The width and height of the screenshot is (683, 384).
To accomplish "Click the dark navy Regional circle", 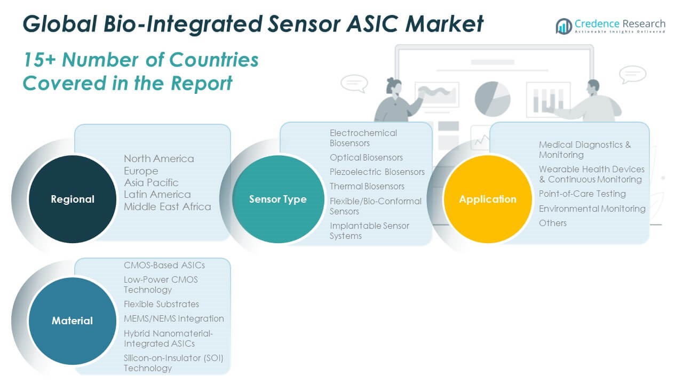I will (72, 199).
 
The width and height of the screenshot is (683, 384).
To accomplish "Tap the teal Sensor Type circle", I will (277, 199).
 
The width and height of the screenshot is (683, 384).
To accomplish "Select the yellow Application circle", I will (488, 199).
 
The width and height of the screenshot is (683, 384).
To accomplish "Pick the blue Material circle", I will (72, 321).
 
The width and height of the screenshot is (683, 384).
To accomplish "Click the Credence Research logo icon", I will (563, 26).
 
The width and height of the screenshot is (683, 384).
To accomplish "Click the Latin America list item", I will (157, 194).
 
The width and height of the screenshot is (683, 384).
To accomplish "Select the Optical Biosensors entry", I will (366, 157).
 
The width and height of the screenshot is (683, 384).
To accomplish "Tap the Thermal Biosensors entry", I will (367, 186).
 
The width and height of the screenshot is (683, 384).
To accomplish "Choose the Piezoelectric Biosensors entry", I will (377, 172).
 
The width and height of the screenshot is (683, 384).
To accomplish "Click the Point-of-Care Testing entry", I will (582, 194).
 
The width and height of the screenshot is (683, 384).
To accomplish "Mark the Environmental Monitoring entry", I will (592, 209).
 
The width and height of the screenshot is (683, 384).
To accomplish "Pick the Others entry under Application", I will (552, 223).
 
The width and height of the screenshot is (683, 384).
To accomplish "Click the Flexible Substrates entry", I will (161, 304).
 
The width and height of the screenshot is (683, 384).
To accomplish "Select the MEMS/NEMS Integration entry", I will (173, 318).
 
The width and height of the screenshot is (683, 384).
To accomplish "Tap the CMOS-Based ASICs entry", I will (164, 265).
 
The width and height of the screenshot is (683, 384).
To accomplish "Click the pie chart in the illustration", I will (492, 98).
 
